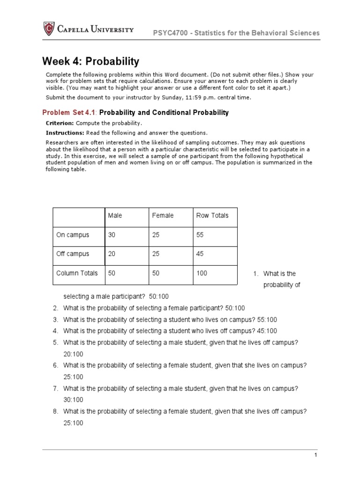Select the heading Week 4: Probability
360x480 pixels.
tap(91, 61)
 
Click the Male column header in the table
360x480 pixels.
tap(115, 216)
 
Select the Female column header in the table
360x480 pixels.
tap(163, 216)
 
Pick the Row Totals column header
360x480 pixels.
tap(212, 216)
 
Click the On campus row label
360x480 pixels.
tap(72, 235)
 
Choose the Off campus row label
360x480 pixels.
tap(72, 254)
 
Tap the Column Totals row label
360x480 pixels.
tap(77, 273)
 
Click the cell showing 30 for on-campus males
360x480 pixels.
tap(112, 235)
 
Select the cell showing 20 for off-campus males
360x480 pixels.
tap(112, 254)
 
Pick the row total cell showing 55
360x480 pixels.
tap(200, 235)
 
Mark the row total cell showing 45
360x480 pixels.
tap(200, 254)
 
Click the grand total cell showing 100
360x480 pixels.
tap(202, 273)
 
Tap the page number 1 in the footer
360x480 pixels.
tap(316, 455)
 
